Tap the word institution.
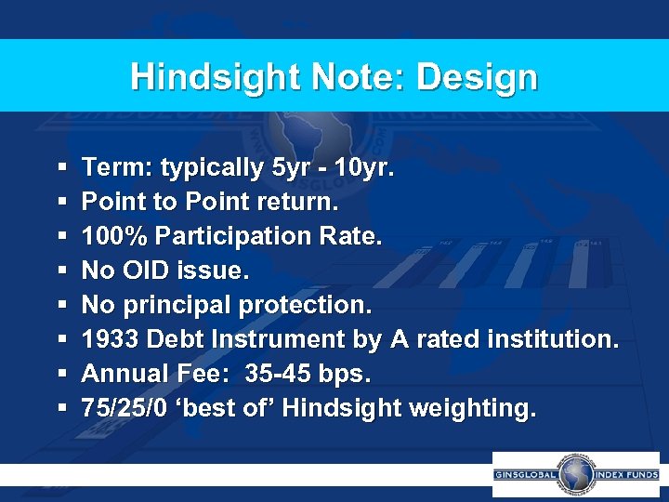click(548, 339)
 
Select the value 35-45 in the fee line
click(276, 374)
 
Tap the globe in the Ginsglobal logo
click(575, 474)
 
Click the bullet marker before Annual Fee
click(60, 374)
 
